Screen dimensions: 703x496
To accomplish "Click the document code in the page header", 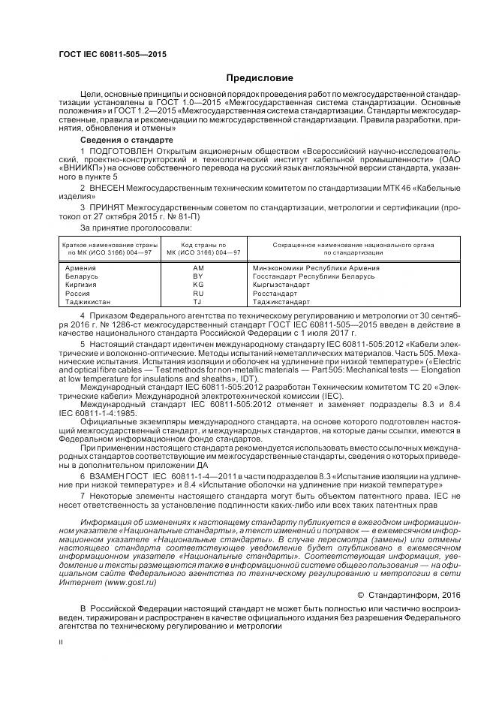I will [x=112, y=55].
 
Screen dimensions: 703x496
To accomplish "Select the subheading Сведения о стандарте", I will [x=127, y=140].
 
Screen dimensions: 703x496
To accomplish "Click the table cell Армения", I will [x=80, y=267].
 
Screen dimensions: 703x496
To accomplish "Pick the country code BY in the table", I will [x=198, y=276].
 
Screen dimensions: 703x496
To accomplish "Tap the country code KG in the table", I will [x=198, y=285].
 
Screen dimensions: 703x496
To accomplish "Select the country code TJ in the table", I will [x=198, y=302].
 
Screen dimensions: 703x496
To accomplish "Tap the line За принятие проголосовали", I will [x=136, y=228].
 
